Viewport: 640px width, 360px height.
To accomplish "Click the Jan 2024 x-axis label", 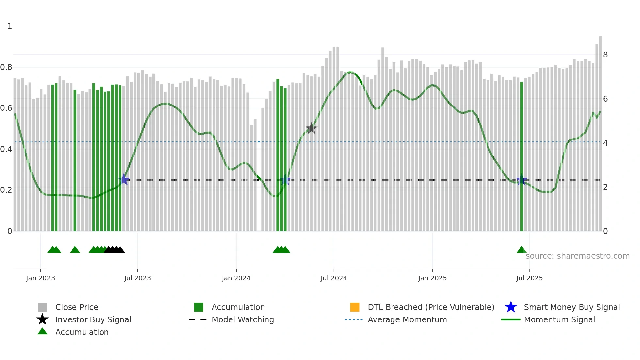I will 236,278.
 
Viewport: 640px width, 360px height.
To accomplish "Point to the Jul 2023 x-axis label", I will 137,278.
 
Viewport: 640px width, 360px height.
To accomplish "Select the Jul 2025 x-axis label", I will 529,278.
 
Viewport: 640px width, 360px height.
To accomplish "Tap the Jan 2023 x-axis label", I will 40,278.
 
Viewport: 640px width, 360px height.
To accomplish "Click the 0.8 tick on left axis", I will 6,67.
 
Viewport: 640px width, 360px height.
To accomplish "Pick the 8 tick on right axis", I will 605,55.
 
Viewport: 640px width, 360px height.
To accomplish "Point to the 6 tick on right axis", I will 605,99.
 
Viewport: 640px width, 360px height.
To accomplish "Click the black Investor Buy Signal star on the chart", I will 312,128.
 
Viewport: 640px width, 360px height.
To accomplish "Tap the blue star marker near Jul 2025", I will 521,180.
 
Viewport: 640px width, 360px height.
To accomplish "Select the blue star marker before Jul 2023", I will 124,180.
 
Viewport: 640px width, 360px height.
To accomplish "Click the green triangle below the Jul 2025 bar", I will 521,250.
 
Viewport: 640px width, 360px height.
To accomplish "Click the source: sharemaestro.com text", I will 577,256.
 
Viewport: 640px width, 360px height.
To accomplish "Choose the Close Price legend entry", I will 77,307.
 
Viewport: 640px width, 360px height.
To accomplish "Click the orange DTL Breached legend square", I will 355,307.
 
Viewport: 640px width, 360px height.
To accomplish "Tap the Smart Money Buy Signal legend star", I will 511,307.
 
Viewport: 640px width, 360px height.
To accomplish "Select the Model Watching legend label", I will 243,319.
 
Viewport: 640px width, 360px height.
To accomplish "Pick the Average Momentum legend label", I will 407,319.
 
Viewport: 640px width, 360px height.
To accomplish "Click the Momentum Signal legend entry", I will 559,319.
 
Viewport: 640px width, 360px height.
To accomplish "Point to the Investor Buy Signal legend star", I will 42,319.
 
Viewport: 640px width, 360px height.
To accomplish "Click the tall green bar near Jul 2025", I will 521,157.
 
